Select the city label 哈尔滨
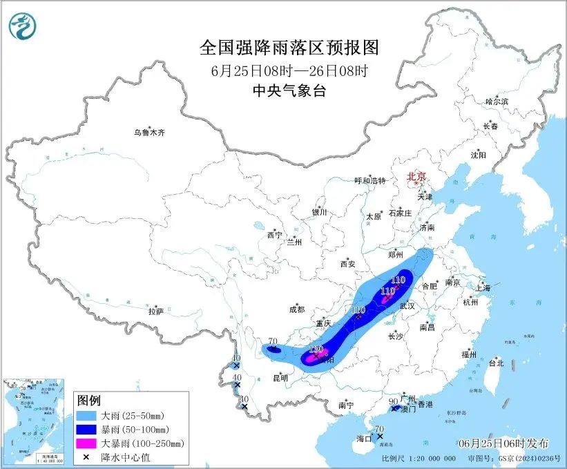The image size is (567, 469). [497, 102]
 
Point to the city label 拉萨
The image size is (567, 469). [155, 312]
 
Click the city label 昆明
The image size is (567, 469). [280, 378]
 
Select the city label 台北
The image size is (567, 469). [496, 363]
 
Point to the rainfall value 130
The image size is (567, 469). [316, 350]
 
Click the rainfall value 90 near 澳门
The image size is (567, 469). [393, 401]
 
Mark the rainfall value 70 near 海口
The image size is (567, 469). [378, 429]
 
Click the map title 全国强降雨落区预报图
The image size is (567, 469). [289, 48]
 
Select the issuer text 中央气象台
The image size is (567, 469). [289, 90]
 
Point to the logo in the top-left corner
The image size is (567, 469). [23, 26]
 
